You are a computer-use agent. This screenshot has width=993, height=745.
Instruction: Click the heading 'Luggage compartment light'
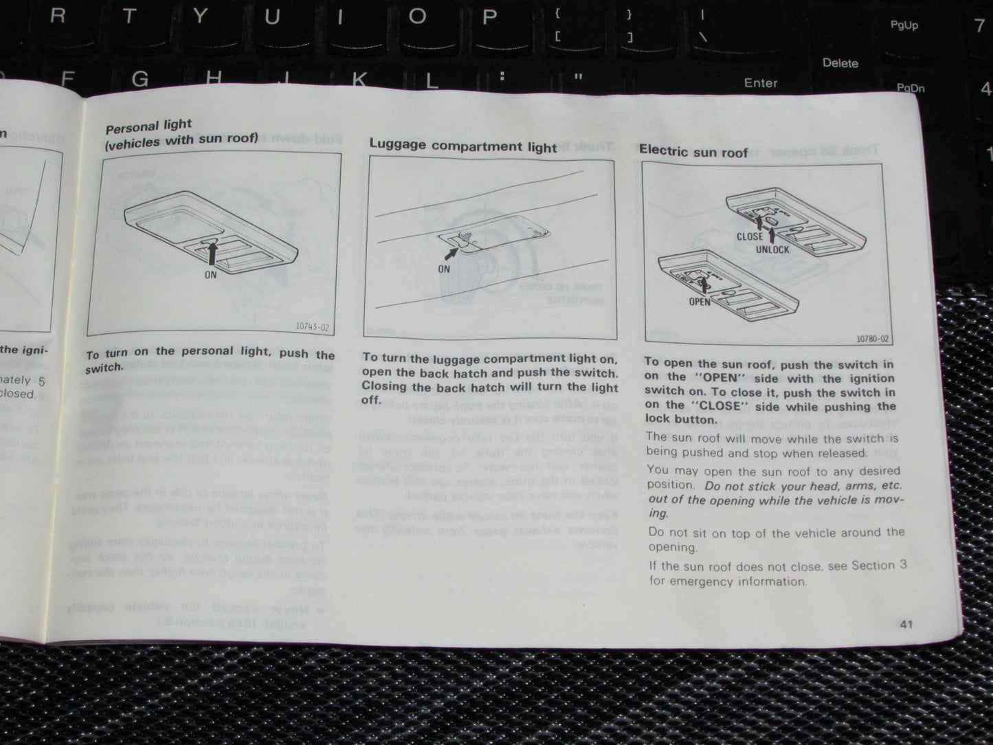pos(462,146)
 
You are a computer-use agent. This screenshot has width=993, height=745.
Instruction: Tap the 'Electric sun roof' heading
pos(693,151)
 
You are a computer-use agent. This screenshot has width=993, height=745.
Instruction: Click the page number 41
pos(905,624)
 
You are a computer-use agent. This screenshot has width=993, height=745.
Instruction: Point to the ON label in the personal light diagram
pos(210,274)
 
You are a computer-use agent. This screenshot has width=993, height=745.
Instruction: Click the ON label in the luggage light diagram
pos(444,269)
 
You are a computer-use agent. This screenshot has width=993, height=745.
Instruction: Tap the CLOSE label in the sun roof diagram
pos(749,236)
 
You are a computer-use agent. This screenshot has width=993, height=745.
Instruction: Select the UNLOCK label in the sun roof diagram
pos(773,249)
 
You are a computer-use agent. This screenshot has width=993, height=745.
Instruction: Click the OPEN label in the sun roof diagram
pos(700,302)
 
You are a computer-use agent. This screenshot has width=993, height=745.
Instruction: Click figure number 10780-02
pos(872,339)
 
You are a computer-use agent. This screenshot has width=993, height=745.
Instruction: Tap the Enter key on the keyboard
pos(760,83)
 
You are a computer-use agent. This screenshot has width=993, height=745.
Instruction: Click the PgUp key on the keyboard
pos(904,25)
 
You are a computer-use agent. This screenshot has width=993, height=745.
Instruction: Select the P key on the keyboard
pos(489,16)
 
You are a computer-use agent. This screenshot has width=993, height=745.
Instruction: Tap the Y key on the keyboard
pos(200,16)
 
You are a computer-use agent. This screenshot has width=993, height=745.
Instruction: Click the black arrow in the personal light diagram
pos(210,252)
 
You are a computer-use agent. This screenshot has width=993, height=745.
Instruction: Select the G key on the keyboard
pos(140,78)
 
